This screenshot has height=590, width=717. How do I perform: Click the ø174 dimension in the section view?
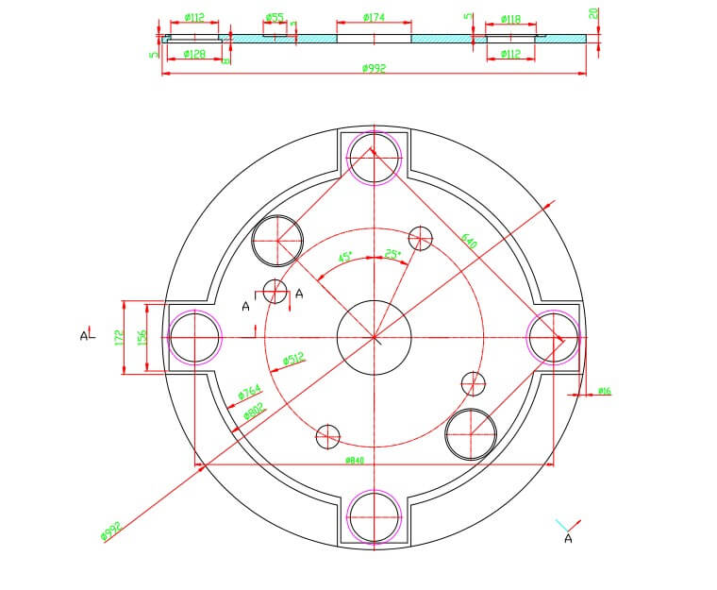point(374,18)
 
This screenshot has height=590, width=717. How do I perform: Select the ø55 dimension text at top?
point(275,17)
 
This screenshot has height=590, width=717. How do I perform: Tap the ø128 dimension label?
point(195,54)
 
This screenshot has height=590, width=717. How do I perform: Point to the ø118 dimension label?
point(510,19)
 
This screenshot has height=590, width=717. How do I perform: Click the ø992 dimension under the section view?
point(374,68)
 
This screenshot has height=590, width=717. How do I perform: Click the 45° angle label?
point(346,257)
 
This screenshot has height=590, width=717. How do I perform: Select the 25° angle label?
point(392,253)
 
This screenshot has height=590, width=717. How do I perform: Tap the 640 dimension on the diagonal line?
point(470,242)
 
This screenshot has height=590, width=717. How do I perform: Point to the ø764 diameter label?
point(249,391)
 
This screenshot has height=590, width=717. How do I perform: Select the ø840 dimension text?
point(355,460)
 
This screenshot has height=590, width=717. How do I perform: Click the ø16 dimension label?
point(604,391)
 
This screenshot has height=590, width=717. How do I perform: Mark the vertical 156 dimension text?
point(143,337)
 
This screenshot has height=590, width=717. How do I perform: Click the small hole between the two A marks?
point(275,292)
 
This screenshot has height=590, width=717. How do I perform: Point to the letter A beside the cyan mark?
point(568,538)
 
